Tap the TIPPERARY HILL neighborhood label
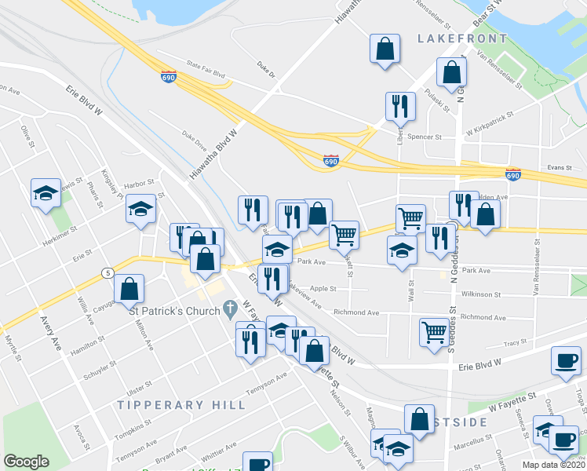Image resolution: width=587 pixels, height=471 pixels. click(x=181, y=404)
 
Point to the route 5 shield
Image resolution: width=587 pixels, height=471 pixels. click(x=106, y=272)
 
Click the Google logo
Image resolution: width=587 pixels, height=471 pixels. click(x=26, y=461)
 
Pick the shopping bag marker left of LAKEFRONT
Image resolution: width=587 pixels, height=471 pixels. click(x=385, y=49)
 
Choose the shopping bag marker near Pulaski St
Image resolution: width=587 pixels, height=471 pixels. click(x=453, y=72)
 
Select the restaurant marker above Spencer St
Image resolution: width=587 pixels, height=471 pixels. click(x=400, y=106)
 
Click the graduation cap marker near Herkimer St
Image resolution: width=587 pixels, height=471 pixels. click(x=46, y=192)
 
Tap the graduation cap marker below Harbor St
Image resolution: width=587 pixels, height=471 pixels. click(x=140, y=209)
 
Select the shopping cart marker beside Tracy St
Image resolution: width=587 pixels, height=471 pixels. click(x=433, y=331)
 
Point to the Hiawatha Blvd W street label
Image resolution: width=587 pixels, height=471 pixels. click(x=212, y=154)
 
